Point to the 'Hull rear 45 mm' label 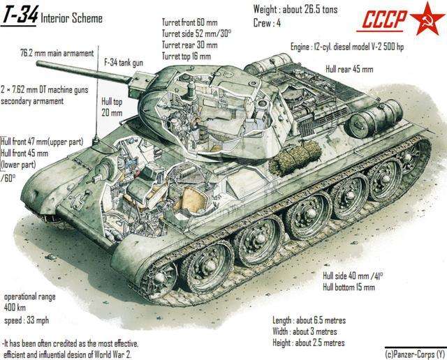click(349, 70)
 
